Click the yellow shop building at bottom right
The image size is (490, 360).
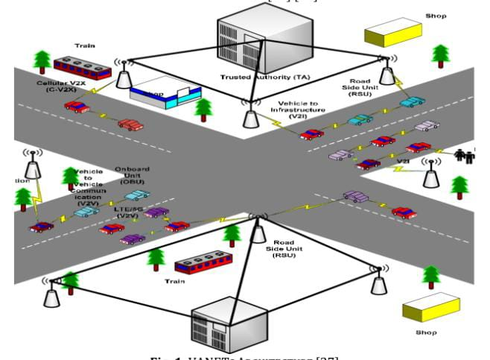431,308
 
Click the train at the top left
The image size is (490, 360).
82,67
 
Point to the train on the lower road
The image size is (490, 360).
203,262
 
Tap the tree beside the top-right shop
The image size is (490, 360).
441,54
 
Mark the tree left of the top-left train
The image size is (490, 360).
42,61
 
